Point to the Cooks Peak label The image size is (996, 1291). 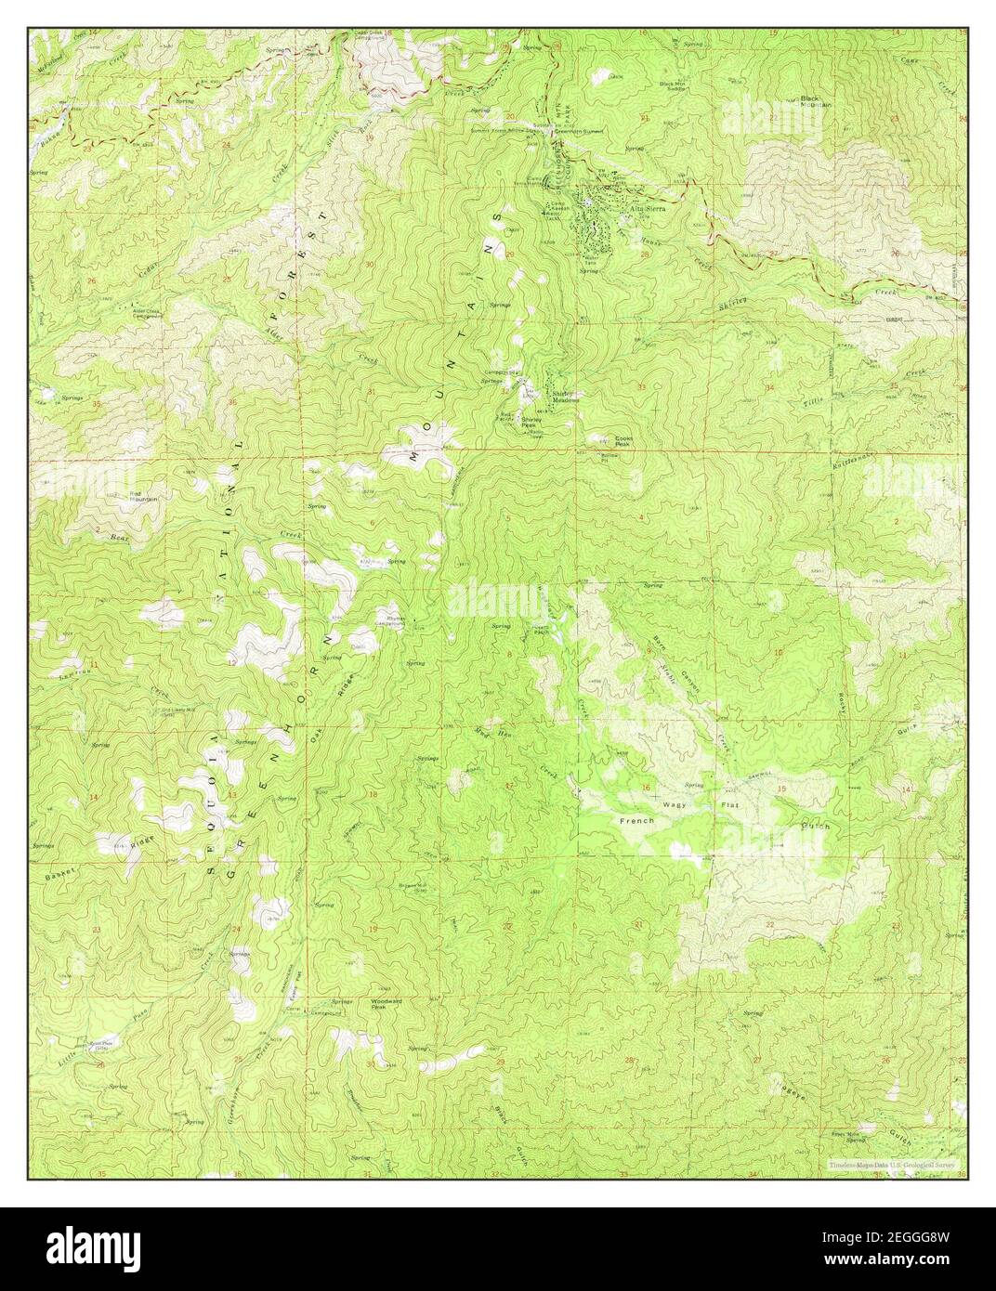point(622,442)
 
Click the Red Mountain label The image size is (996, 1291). point(143,496)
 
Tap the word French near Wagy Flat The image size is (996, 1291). point(637,821)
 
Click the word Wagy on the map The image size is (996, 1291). point(675,804)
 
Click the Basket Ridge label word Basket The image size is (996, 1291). point(57,875)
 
